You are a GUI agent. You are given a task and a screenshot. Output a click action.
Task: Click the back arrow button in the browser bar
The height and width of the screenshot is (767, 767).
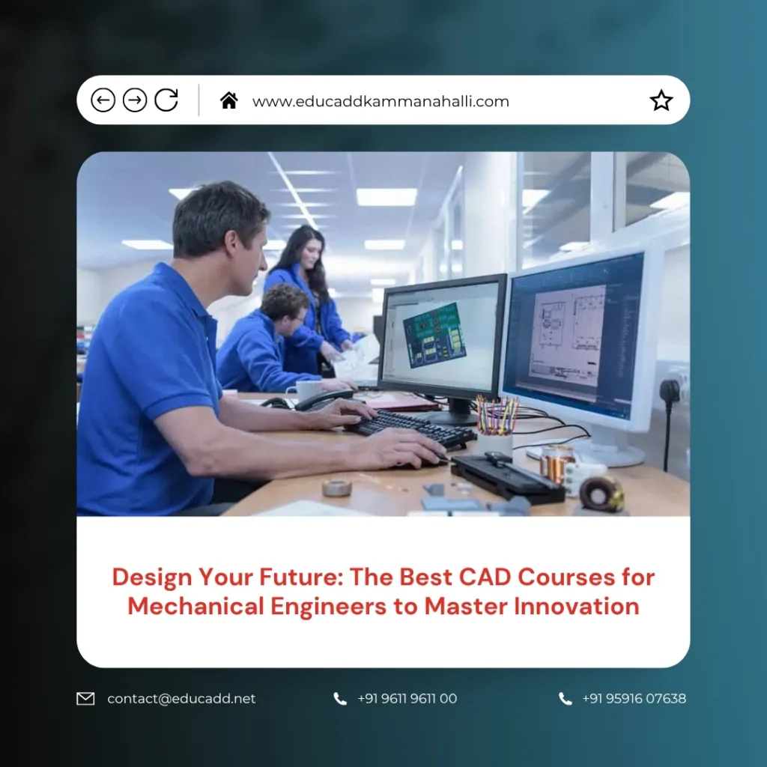click(103, 100)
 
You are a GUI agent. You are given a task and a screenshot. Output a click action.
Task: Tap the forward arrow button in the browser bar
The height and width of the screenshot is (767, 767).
click(135, 100)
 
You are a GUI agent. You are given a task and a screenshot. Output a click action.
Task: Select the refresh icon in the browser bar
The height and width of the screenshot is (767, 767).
click(166, 100)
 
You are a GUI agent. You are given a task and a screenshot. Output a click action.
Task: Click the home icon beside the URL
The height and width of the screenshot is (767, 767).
click(228, 100)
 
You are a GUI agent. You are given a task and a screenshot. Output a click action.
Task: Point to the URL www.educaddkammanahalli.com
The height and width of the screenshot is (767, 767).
click(381, 101)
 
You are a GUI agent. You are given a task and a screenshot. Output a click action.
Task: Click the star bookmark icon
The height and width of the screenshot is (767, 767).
click(661, 100)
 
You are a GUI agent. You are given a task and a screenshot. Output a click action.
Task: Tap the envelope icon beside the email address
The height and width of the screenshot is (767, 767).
click(85, 699)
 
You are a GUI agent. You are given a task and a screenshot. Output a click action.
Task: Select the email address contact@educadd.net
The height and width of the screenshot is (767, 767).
click(181, 699)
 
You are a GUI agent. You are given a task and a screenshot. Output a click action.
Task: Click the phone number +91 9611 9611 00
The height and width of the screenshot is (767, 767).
click(407, 699)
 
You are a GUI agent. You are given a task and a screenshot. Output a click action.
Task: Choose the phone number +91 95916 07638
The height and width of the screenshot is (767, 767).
click(634, 699)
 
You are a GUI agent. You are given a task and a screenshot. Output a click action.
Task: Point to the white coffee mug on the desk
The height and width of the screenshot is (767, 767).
click(306, 388)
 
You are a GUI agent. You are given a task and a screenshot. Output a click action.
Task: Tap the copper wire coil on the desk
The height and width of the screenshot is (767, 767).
click(555, 464)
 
